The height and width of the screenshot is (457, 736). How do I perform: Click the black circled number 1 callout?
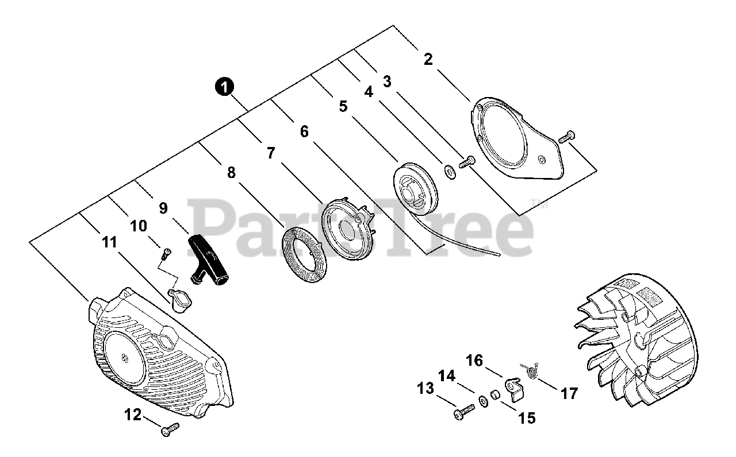224,87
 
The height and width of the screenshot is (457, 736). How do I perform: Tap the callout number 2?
428,59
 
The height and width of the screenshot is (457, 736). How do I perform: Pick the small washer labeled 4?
448,169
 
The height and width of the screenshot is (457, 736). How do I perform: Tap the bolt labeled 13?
463,411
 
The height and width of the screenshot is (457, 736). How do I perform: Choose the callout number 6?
304,131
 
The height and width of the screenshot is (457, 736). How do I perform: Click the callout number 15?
526,418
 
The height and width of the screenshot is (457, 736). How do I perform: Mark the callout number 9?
163,208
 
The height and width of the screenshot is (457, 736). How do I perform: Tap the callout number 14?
447,376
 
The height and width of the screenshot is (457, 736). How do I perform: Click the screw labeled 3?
467,162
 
